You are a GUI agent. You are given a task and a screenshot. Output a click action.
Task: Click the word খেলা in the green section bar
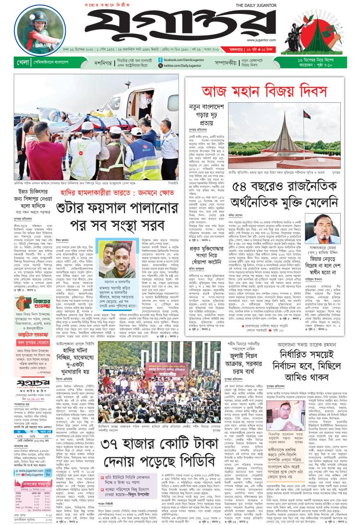tap(10, 62)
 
